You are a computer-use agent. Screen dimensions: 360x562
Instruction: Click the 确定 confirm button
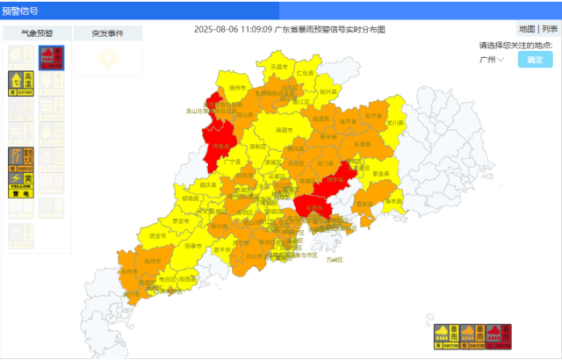[535, 60]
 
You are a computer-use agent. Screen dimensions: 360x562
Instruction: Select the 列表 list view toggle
[549, 29]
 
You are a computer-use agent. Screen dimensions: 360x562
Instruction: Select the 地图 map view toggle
[527, 29]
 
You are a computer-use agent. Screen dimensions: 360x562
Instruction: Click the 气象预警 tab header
[37, 33]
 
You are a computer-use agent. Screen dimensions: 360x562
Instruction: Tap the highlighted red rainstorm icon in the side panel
[52, 58]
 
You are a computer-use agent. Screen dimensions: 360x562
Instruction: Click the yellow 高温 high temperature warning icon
[22, 82]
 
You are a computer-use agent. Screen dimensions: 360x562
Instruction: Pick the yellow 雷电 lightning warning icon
[22, 183]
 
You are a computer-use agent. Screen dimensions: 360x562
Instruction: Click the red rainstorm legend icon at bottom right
[498, 336]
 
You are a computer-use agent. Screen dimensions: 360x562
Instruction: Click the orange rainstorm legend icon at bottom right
[472, 336]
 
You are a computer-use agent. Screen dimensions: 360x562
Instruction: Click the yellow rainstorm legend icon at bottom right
[445, 336]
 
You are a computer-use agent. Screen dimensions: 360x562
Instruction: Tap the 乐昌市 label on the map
[279, 67]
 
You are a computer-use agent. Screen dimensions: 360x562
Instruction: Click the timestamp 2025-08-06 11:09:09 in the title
[233, 29]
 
